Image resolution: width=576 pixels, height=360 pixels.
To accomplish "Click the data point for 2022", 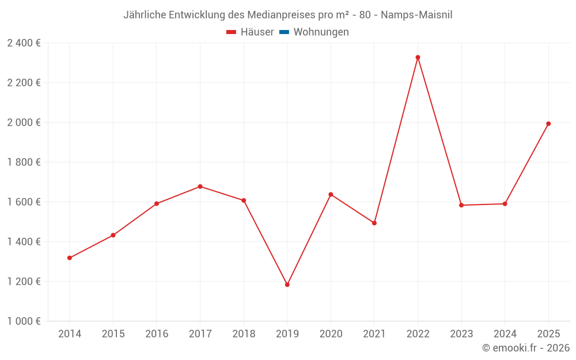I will pyautogui.click(x=418, y=58).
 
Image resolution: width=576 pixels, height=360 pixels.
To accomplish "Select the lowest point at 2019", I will pyautogui.click(x=287, y=285).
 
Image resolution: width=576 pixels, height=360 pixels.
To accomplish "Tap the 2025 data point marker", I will pyautogui.click(x=548, y=124).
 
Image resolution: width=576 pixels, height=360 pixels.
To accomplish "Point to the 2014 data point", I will pyautogui.click(x=70, y=258).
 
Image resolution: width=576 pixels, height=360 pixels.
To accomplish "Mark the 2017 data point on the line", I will pyautogui.click(x=200, y=187).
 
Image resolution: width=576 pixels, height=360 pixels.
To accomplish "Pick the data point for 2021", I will pyautogui.click(x=374, y=223).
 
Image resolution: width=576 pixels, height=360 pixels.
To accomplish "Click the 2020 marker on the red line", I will pyautogui.click(x=331, y=195).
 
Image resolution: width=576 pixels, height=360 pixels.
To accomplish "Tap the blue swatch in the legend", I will pyautogui.click(x=284, y=32).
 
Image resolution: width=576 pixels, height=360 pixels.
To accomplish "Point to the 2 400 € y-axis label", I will pyautogui.click(x=24, y=43).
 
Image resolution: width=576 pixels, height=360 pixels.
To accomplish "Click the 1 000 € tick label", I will pyautogui.click(x=24, y=321).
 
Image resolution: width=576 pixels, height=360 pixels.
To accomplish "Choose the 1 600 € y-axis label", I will pyautogui.click(x=24, y=202).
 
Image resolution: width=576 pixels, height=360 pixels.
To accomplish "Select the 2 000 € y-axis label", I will pyautogui.click(x=24, y=123).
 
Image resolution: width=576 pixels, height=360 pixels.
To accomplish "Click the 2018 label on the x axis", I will pyautogui.click(x=244, y=334).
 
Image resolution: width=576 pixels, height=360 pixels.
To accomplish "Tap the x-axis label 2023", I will pyautogui.click(x=461, y=334).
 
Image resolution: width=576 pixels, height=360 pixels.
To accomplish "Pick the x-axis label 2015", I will pyautogui.click(x=113, y=334).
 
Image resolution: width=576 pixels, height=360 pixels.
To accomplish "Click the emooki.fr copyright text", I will pyautogui.click(x=526, y=348).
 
